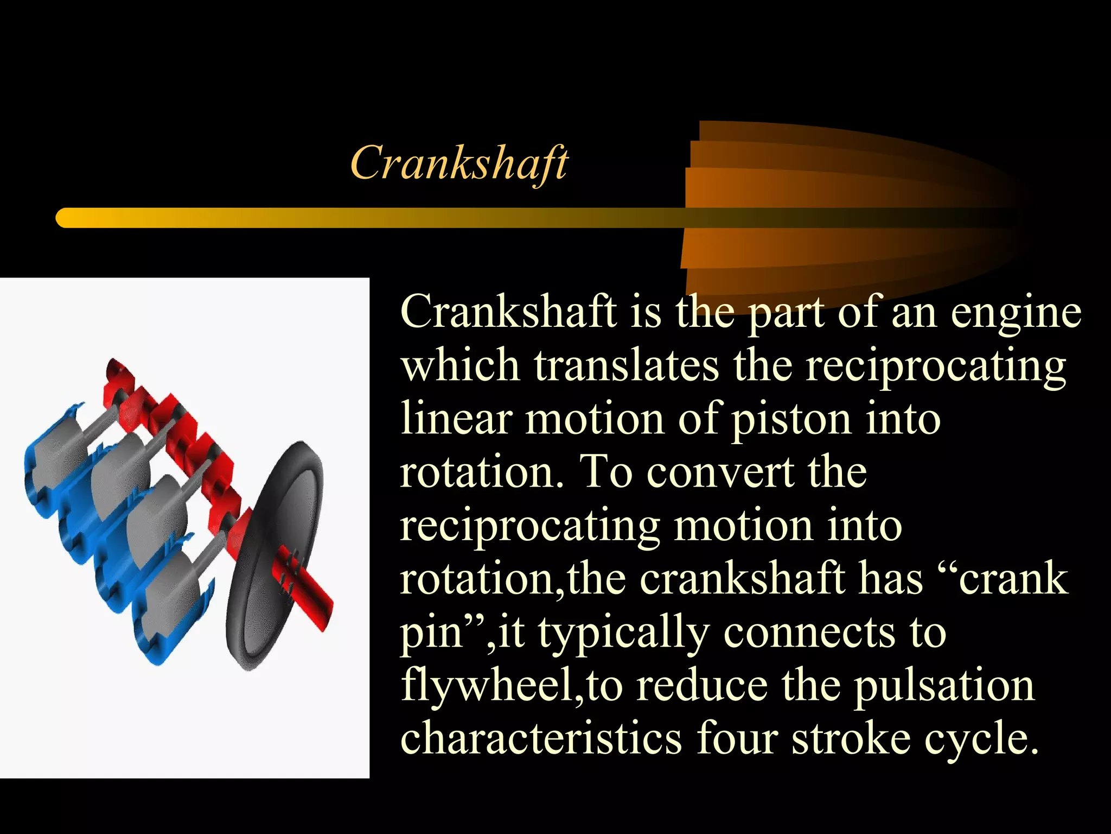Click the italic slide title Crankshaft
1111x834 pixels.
pyautogui.click(x=459, y=163)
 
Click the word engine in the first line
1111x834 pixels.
pyautogui.click(x=1016, y=314)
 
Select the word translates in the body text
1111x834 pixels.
pyautogui.click(x=627, y=365)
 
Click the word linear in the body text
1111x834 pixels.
pyautogui.click(x=456, y=419)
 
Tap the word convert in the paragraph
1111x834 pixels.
pyautogui.click(x=720, y=472)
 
